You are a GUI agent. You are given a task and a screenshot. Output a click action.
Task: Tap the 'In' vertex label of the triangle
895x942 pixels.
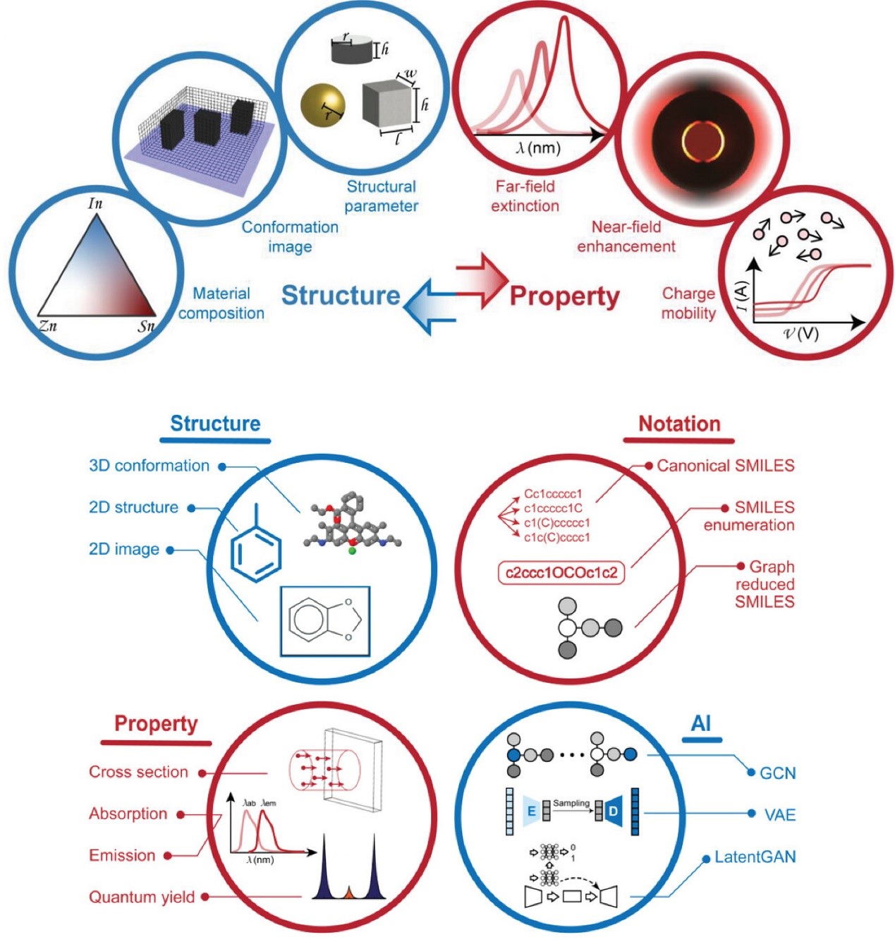pos(95,203)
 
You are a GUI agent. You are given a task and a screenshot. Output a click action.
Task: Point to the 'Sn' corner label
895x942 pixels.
pos(146,326)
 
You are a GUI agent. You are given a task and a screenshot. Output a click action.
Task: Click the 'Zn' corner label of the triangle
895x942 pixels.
pos(48,326)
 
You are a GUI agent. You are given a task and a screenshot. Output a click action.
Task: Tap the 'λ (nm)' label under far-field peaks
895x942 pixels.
pos(539,148)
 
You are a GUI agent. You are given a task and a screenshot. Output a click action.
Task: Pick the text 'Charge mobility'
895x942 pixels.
pos(688,303)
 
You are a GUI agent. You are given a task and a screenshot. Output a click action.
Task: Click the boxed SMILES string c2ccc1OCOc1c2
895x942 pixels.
pos(561,572)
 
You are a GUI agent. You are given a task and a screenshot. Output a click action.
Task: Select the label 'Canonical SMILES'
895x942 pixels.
pos(725,466)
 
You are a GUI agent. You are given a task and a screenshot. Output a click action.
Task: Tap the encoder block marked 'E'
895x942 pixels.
pos(530,811)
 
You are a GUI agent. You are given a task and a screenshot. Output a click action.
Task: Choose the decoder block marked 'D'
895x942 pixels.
pos(613,811)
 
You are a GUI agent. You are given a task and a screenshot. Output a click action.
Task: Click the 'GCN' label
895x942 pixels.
pos(777,773)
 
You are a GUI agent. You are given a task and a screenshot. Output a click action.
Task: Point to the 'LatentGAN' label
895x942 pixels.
pos(755,857)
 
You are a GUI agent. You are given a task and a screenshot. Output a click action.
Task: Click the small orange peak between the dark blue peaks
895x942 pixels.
pos(348,893)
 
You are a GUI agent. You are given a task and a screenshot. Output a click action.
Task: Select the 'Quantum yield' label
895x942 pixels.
pos(142,897)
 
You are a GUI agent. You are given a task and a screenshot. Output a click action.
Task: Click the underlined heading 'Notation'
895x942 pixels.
pos(679,424)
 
